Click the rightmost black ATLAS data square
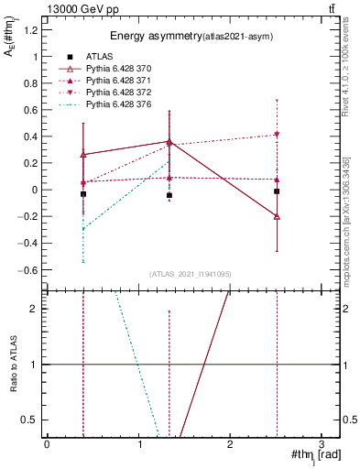point(277,191)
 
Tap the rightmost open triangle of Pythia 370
point(277,216)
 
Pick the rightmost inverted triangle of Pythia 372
point(277,135)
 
